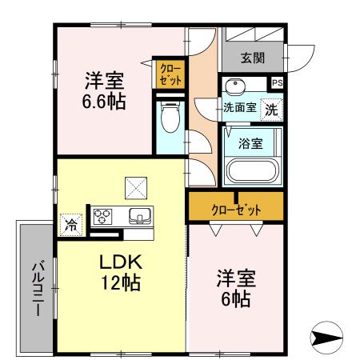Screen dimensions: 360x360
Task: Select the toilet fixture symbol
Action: tap(169, 118)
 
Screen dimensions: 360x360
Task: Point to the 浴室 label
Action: tap(251, 144)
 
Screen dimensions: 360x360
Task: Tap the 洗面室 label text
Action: tap(239, 108)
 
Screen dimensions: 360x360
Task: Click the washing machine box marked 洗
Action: tap(272, 109)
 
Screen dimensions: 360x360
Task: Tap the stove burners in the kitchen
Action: tap(105, 216)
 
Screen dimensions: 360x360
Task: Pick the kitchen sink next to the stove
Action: tap(139, 216)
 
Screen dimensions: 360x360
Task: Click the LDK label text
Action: tap(121, 262)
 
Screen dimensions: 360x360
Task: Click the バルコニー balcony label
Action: tap(37, 288)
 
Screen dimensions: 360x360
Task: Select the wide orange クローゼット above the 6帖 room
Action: tap(236, 210)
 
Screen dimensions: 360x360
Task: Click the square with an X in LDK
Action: tap(133, 187)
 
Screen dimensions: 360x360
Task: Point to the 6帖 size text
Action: tap(235, 300)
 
